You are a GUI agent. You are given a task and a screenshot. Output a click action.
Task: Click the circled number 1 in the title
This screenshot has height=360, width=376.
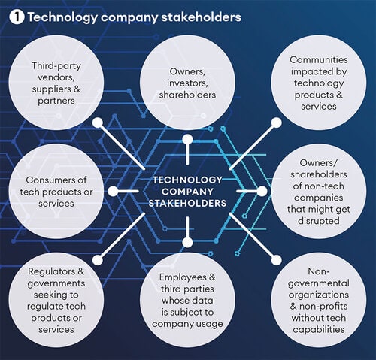17,17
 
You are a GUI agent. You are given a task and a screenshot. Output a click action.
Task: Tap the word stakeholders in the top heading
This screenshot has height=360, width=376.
201,17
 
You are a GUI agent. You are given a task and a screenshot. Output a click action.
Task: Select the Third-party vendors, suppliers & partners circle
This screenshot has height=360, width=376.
56,83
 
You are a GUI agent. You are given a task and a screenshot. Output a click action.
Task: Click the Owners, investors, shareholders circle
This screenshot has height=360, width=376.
187,83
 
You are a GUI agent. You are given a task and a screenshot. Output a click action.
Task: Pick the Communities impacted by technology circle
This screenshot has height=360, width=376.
319,83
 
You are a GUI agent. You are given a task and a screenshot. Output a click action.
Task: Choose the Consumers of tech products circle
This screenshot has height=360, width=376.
56,191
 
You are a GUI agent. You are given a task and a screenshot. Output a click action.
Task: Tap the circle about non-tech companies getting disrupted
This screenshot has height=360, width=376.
319,191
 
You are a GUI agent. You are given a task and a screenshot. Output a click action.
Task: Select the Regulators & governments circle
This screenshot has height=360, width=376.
56,300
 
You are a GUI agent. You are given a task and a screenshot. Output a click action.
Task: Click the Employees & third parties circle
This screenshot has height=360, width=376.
187,300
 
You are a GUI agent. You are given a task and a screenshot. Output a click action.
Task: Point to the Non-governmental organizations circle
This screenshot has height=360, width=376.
319,300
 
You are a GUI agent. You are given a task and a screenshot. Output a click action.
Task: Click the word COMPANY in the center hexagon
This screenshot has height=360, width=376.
187,192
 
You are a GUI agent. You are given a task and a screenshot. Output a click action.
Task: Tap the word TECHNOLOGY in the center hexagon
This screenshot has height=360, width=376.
187,180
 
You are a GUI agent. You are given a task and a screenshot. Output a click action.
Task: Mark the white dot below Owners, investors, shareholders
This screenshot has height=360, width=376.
187,140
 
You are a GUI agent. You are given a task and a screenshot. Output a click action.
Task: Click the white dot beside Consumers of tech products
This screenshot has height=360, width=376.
113,192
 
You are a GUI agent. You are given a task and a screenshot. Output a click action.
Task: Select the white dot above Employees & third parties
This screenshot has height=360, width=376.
187,243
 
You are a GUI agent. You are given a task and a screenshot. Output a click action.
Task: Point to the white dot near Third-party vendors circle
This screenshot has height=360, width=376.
98,123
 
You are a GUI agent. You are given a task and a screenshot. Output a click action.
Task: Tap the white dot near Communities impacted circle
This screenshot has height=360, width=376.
277,123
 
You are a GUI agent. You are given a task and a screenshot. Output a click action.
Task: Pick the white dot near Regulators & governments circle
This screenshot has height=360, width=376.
98,260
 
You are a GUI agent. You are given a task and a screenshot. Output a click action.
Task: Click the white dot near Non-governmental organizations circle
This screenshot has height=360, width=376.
276,260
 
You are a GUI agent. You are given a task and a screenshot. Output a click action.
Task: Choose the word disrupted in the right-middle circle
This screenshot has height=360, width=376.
319,221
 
